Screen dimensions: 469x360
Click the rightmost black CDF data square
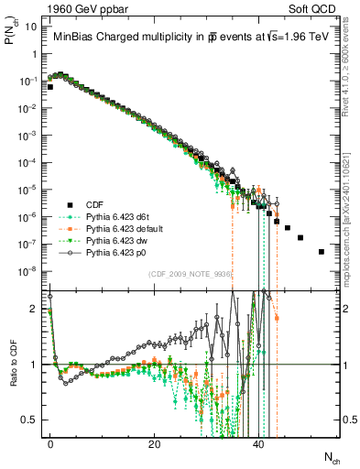click(x=321, y=251)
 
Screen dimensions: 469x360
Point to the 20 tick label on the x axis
click(x=154, y=442)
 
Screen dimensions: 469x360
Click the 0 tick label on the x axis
click(x=50, y=442)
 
